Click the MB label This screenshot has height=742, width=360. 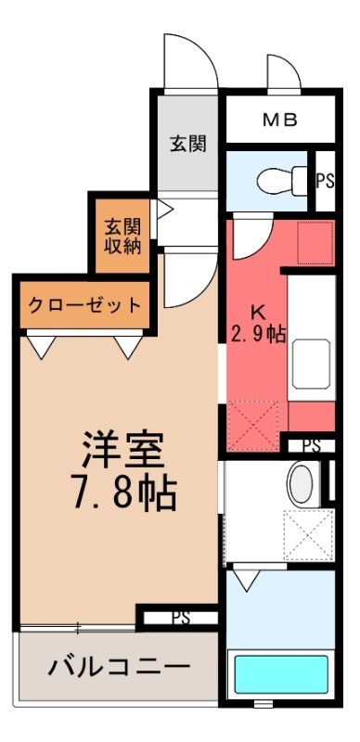tap(280, 120)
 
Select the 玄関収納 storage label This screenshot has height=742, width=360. tap(122, 237)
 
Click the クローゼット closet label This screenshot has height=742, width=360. tap(84, 305)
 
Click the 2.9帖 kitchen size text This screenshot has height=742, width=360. tap(258, 335)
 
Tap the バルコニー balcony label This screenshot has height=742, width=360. tap(120, 667)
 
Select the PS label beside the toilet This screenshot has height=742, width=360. tap(326, 181)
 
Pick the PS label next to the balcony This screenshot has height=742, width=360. tap(181, 618)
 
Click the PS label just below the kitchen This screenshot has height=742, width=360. tap(312, 445)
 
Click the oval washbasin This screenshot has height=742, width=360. tap(301, 483)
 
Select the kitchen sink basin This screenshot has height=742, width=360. tap(311, 364)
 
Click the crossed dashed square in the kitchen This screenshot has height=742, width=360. tap(253, 425)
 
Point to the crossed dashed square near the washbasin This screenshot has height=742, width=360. tap(308, 535)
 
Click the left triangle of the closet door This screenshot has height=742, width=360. tap(42, 347)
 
